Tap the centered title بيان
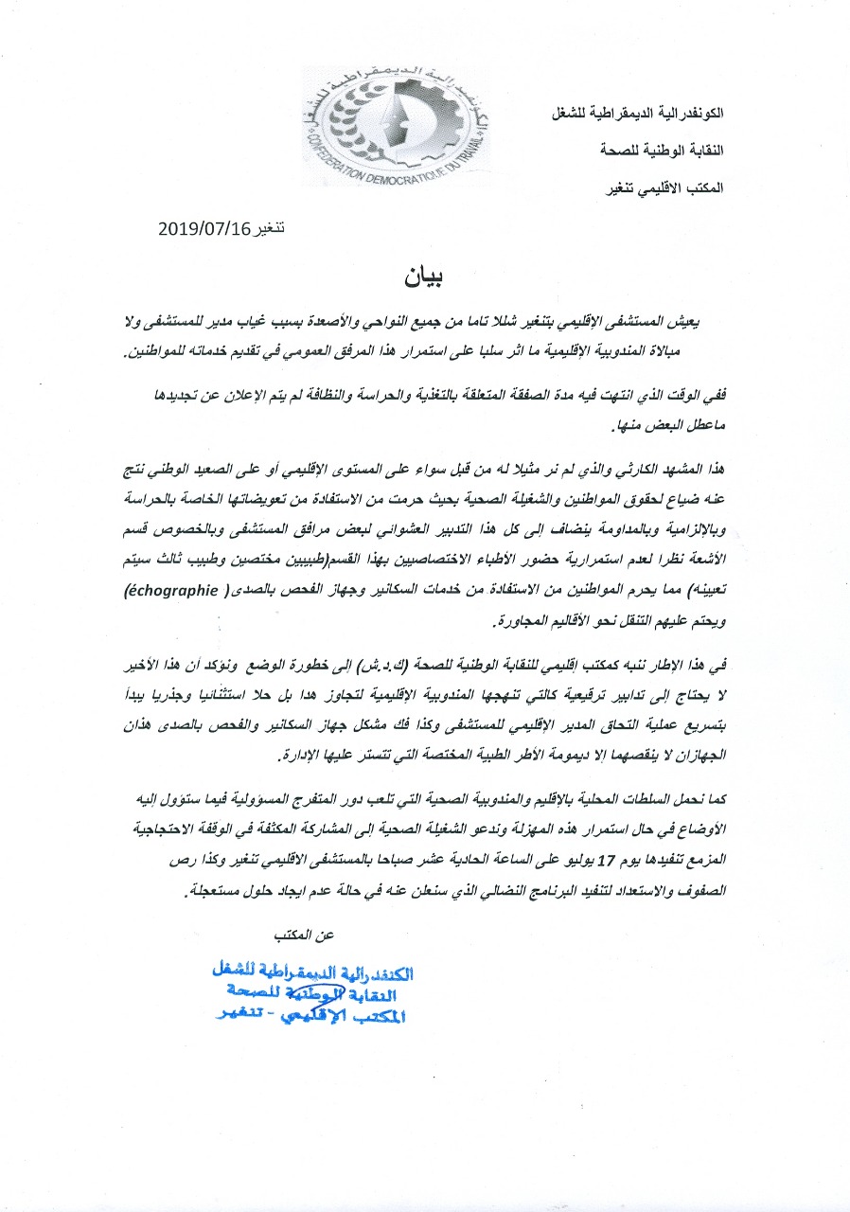(425, 277)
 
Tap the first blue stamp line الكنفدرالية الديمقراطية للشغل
(315, 971)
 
